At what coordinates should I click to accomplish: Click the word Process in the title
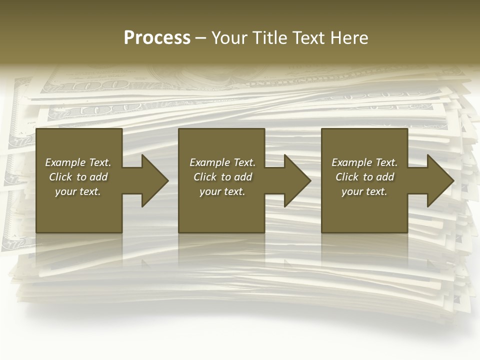[x=157, y=38]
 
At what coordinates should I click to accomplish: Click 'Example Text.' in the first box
[x=78, y=162]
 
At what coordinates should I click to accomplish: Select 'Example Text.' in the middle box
[x=222, y=162]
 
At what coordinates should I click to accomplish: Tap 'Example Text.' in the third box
[x=364, y=162]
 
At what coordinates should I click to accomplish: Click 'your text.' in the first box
[x=78, y=191]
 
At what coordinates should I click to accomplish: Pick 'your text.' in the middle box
[x=222, y=191]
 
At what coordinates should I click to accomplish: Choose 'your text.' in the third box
[x=364, y=191]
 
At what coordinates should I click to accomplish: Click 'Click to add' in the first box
[x=78, y=177]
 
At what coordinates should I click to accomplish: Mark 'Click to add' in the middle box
[x=222, y=177]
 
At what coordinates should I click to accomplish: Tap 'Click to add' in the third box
[x=364, y=177]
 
